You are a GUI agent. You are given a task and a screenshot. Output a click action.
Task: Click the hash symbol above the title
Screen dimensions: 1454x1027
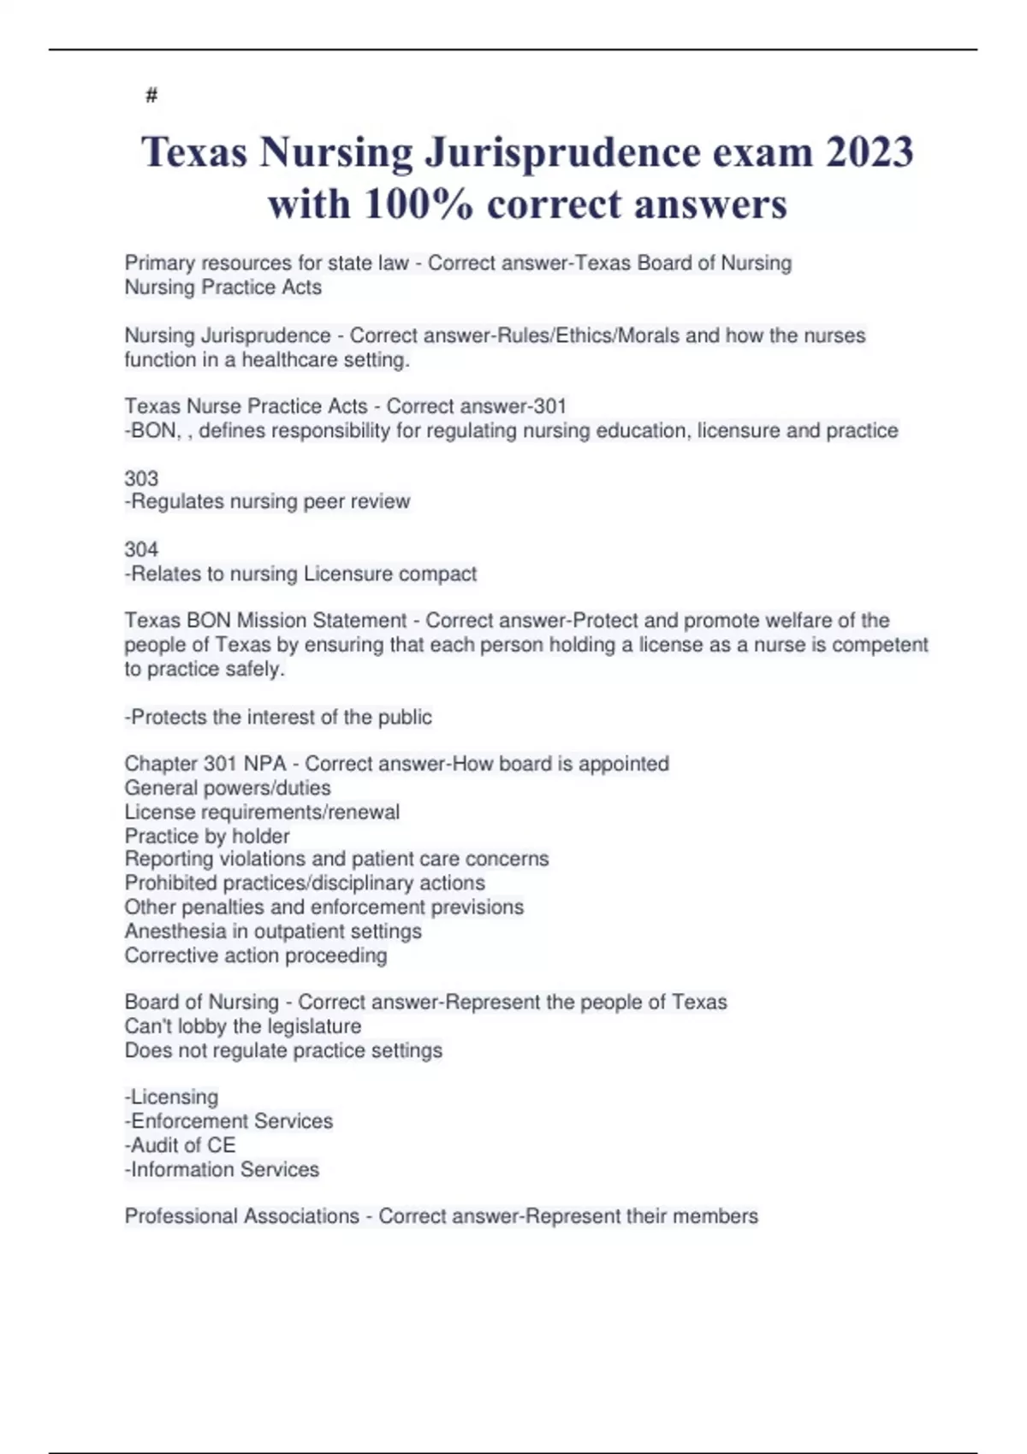151,95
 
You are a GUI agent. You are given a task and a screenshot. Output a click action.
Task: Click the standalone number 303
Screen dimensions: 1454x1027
141,478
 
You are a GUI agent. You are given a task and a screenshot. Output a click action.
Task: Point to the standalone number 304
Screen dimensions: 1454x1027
141,549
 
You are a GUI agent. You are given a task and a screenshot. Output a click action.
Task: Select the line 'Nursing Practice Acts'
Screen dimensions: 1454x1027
223,287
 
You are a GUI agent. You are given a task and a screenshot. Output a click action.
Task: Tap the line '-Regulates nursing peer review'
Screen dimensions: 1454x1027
267,501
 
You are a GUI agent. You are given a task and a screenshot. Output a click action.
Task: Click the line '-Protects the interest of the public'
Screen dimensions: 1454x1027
278,717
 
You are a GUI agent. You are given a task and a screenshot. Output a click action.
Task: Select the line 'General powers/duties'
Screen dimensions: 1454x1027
228,788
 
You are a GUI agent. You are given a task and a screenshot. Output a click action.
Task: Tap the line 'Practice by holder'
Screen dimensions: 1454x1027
207,836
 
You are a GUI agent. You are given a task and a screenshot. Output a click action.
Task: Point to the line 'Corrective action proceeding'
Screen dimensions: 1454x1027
256,955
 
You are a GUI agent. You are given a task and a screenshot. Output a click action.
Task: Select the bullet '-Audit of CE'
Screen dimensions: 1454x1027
180,1145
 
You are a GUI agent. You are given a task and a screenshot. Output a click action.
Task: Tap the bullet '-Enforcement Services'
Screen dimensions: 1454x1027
229,1120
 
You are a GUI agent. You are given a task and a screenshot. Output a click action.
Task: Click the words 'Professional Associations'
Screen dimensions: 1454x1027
242,1216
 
